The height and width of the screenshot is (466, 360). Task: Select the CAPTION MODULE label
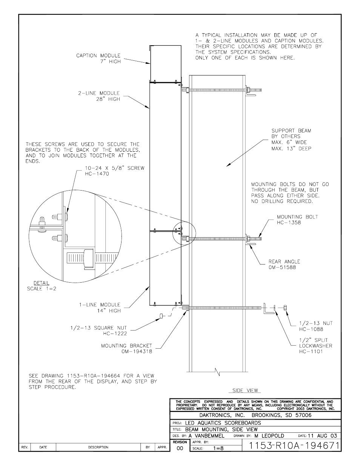click(98, 55)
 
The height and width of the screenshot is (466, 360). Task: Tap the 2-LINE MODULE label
click(98, 93)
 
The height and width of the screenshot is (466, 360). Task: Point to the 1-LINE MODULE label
click(99, 305)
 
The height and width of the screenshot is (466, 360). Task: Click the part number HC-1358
click(289, 223)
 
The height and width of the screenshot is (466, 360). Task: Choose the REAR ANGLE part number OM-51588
click(282, 267)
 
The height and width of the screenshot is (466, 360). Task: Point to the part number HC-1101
click(311, 352)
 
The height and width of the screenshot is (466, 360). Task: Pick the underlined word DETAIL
click(41, 283)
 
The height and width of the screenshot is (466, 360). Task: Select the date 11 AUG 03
click(322, 435)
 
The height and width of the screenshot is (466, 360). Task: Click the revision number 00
click(180, 448)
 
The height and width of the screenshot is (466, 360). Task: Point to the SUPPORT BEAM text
click(291, 131)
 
